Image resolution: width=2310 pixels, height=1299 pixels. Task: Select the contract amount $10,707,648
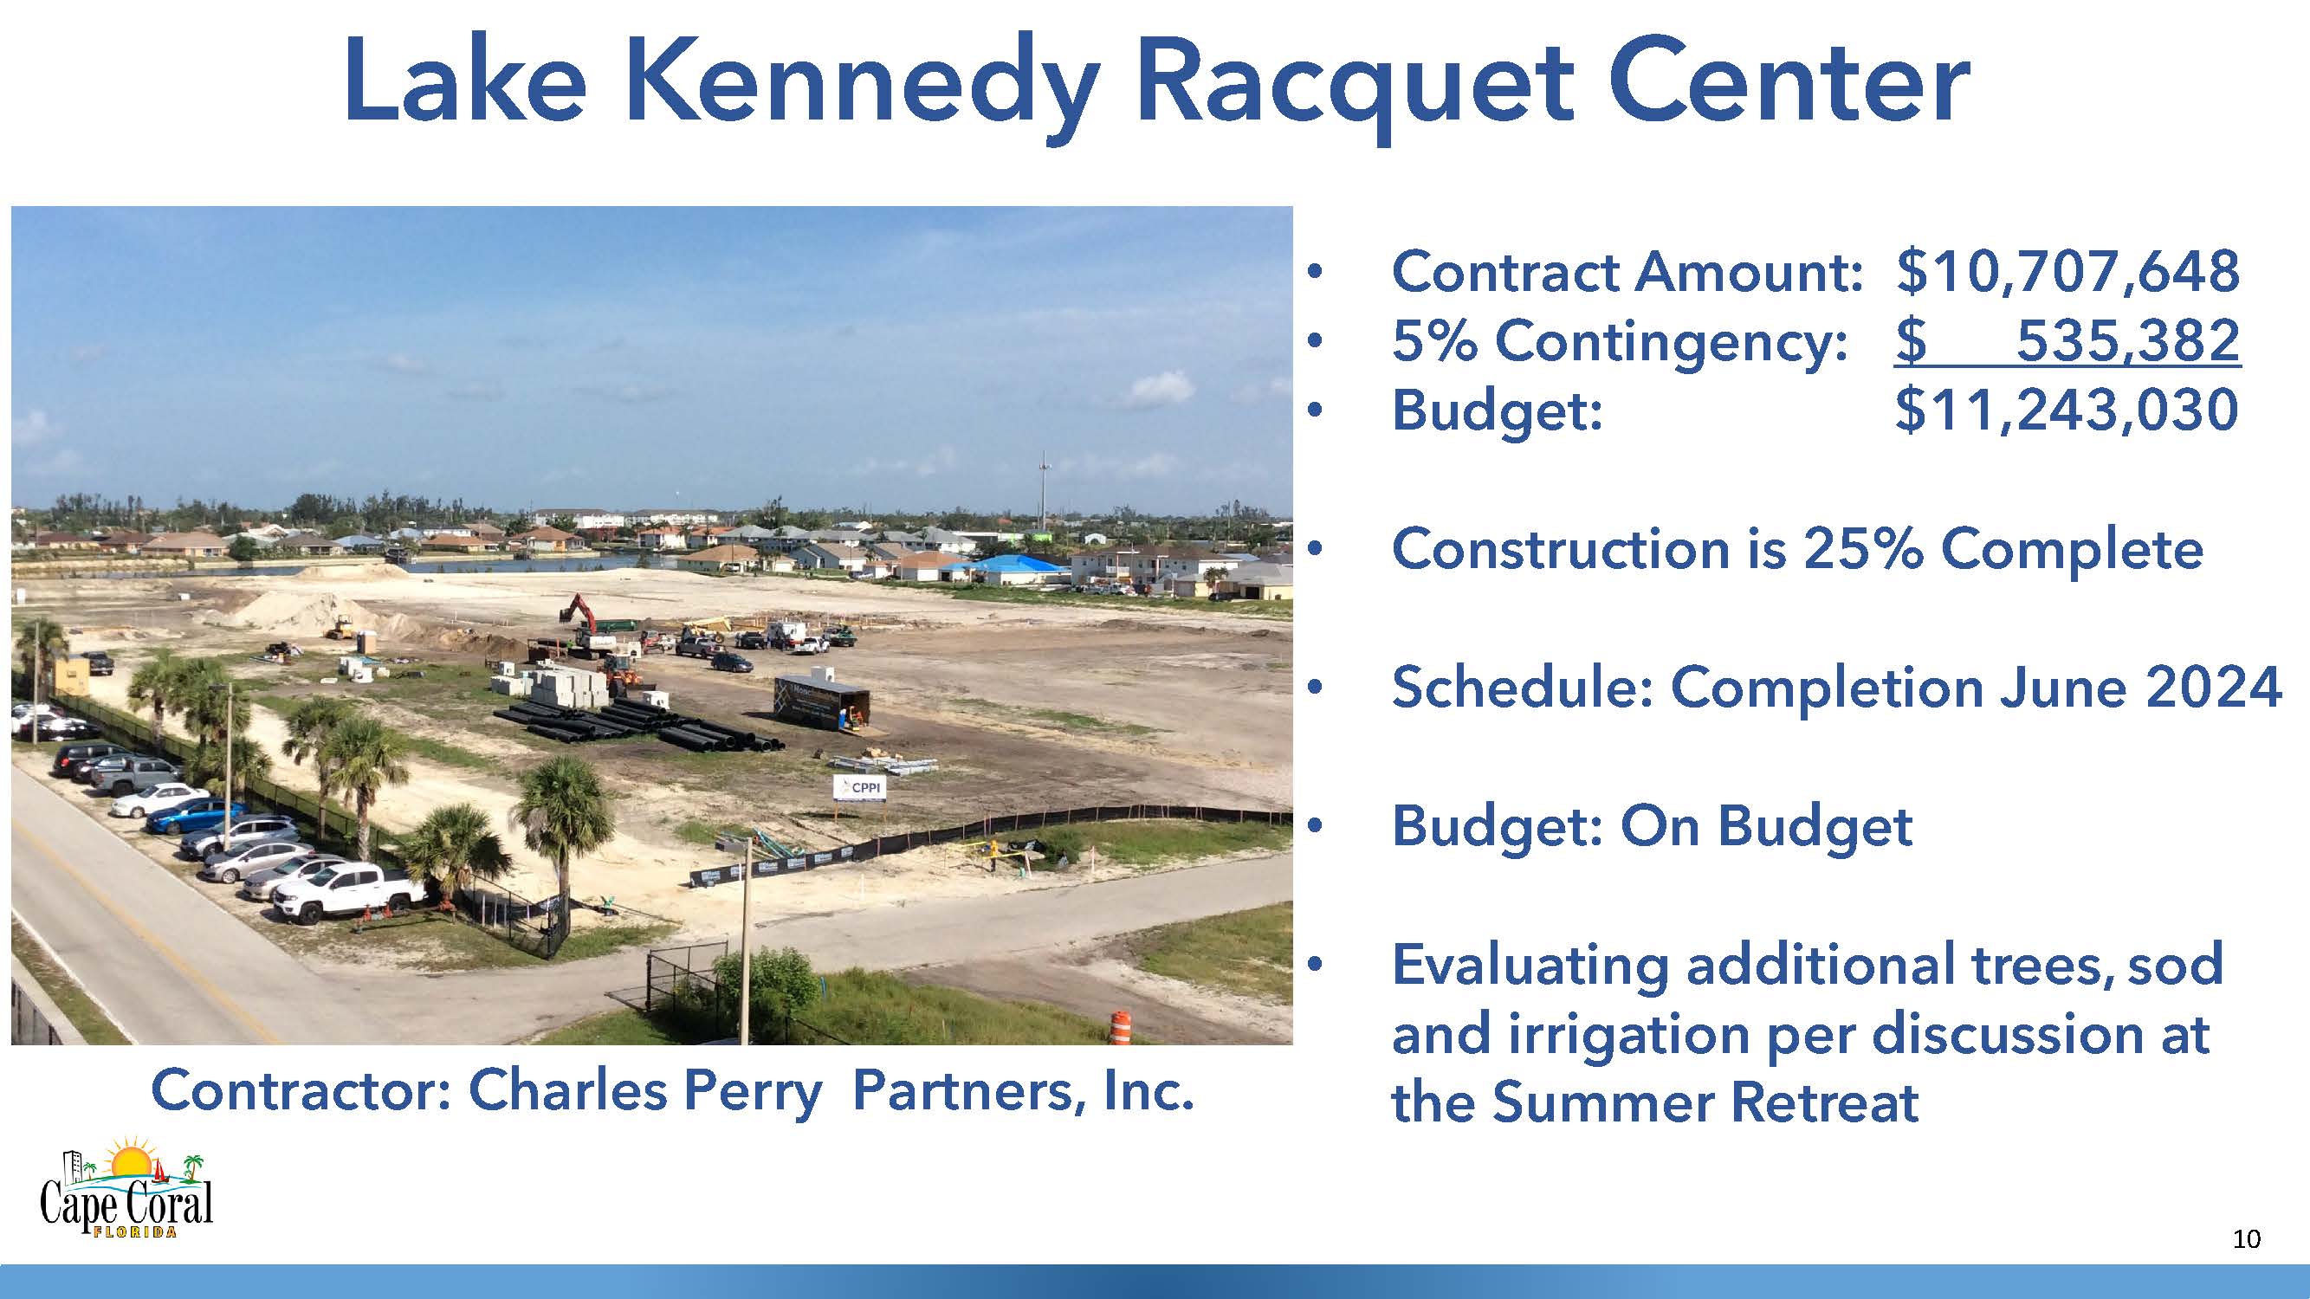pos(2067,272)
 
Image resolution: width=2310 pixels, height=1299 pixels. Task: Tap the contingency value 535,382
pos(2128,340)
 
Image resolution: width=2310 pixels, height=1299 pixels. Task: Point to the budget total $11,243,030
pos(2067,410)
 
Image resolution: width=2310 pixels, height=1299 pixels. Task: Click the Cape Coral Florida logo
pos(126,1188)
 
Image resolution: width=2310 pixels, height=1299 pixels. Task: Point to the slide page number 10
pos(2246,1239)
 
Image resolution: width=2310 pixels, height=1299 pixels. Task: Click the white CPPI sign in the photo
pos(860,788)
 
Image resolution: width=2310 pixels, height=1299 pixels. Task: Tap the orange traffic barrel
pos(1121,1026)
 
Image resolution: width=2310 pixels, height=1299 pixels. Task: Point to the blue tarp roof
pos(1022,568)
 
